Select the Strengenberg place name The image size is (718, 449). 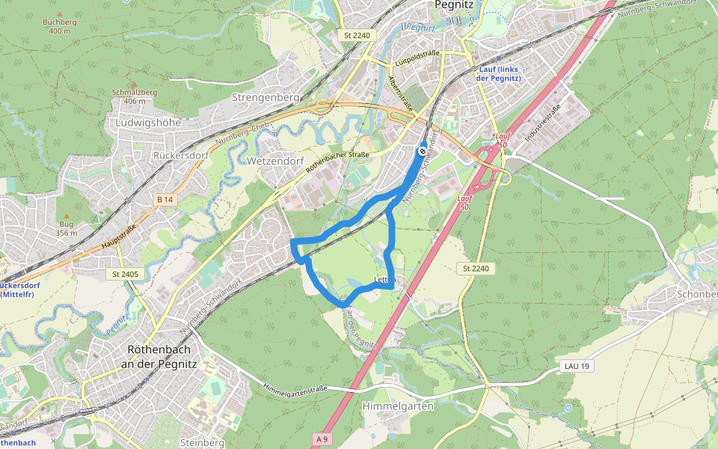(266, 97)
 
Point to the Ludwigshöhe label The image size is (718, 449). (148, 122)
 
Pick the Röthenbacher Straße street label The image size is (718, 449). (338, 164)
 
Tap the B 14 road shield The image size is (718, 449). (165, 200)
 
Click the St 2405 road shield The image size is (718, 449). (125, 275)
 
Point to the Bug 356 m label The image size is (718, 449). (67, 228)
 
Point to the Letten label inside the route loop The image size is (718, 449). (384, 280)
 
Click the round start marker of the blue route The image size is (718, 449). (423, 151)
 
